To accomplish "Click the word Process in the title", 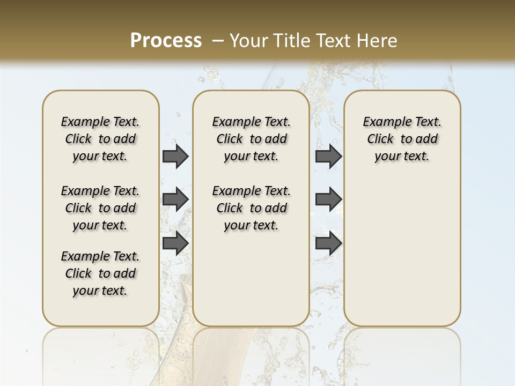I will click(166, 40).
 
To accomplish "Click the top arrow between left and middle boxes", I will click(175, 157).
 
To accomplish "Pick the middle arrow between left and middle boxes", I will click(175, 199).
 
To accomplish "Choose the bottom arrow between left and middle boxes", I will click(175, 243).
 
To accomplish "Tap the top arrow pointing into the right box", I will click(328, 157).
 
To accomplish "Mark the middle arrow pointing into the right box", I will click(328, 199).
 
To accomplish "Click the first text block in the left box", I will click(100, 139).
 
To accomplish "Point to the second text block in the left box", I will click(100, 208).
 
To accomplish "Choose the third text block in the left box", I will click(100, 273).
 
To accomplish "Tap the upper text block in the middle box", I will click(251, 139).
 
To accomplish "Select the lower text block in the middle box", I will click(251, 208).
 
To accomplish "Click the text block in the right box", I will click(402, 139).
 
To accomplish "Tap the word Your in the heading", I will click(249, 40).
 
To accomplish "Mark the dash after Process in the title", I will click(217, 40).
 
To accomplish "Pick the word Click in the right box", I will click(380, 139).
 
